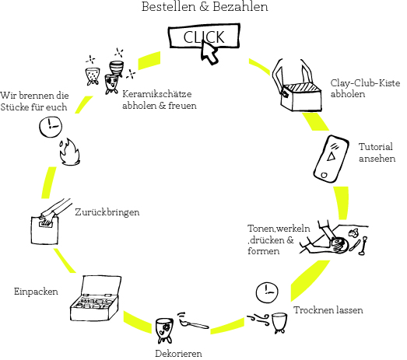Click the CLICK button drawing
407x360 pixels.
pyautogui.click(x=205, y=36)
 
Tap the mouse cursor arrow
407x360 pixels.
pyautogui.click(x=209, y=53)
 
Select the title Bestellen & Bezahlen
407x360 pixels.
pyautogui.click(x=205, y=6)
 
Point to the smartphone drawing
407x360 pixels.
pyautogui.click(x=331, y=159)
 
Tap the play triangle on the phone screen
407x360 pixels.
pyautogui.click(x=331, y=156)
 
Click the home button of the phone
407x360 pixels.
pyautogui.click(x=324, y=175)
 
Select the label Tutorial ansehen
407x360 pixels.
pyautogui.click(x=377, y=152)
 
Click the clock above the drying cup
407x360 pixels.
pyautogui.click(x=267, y=292)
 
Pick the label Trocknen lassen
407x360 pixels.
pyautogui.click(x=328, y=310)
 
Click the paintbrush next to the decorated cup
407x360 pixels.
pyautogui.click(x=193, y=321)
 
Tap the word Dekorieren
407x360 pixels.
pyautogui.click(x=178, y=354)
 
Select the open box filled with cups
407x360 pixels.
pyautogui.click(x=96, y=299)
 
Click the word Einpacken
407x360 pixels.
pyautogui.click(x=36, y=292)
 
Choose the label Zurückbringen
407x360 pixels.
pyautogui.click(x=107, y=212)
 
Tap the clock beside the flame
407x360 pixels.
pyautogui.click(x=51, y=127)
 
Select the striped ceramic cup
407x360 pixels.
pyautogui.click(x=116, y=68)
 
